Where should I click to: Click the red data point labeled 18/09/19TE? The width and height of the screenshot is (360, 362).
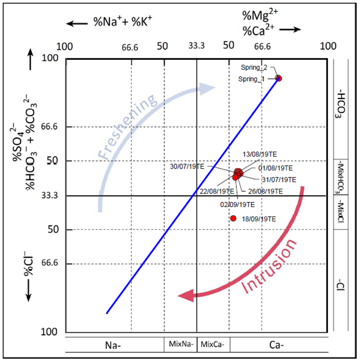pyautogui.click(x=233, y=218)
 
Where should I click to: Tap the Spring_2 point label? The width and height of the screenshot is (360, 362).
pyautogui.click(x=254, y=67)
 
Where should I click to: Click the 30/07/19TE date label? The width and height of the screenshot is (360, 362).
pyautogui.click(x=188, y=166)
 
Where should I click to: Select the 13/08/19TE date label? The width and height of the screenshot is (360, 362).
pyautogui.click(x=259, y=154)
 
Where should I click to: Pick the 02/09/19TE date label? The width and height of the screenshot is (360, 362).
pyautogui.click(x=237, y=204)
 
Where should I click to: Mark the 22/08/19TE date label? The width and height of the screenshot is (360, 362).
pyautogui.click(x=218, y=191)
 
